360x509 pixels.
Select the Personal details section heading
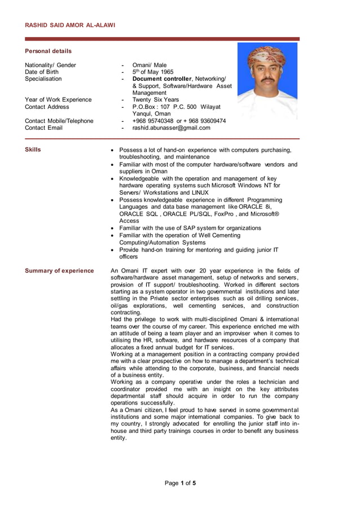click(49, 51)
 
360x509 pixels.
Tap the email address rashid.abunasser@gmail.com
click(171, 128)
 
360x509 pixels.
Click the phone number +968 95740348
click(152, 121)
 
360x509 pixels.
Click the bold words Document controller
click(163, 79)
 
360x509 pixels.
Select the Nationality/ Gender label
click(50, 65)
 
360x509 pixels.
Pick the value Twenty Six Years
click(155, 100)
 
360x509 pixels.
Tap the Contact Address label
click(47, 107)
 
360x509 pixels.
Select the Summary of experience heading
click(59, 271)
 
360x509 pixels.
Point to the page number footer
click(180, 483)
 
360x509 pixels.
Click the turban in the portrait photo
click(266, 56)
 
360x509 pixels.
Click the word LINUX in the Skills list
click(197, 192)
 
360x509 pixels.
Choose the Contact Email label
click(43, 128)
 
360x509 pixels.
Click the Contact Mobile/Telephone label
click(59, 121)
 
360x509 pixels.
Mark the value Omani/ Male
click(149, 65)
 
